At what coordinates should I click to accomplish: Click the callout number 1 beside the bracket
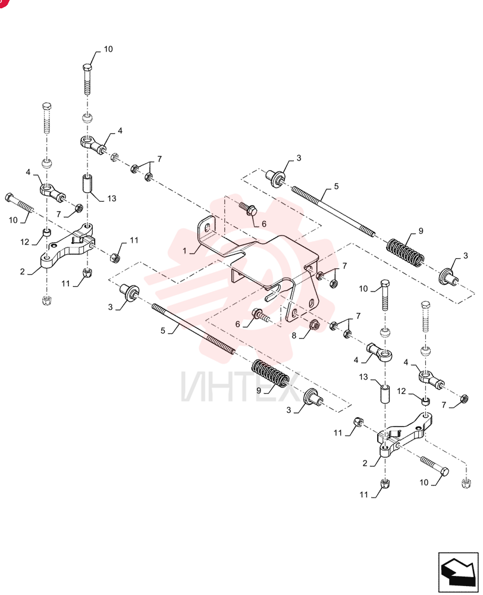[185, 251]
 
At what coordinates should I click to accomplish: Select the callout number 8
[294, 336]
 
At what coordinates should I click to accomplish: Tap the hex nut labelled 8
[315, 325]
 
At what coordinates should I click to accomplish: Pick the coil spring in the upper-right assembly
[405, 252]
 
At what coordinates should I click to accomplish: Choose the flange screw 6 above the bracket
[248, 208]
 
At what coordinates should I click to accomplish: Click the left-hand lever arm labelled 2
[68, 248]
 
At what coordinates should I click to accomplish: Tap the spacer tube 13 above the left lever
[87, 183]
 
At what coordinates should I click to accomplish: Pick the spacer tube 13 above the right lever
[385, 394]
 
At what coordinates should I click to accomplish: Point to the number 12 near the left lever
[24, 242]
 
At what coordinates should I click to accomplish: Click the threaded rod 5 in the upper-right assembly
[334, 211]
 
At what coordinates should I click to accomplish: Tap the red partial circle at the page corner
[2, 2]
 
